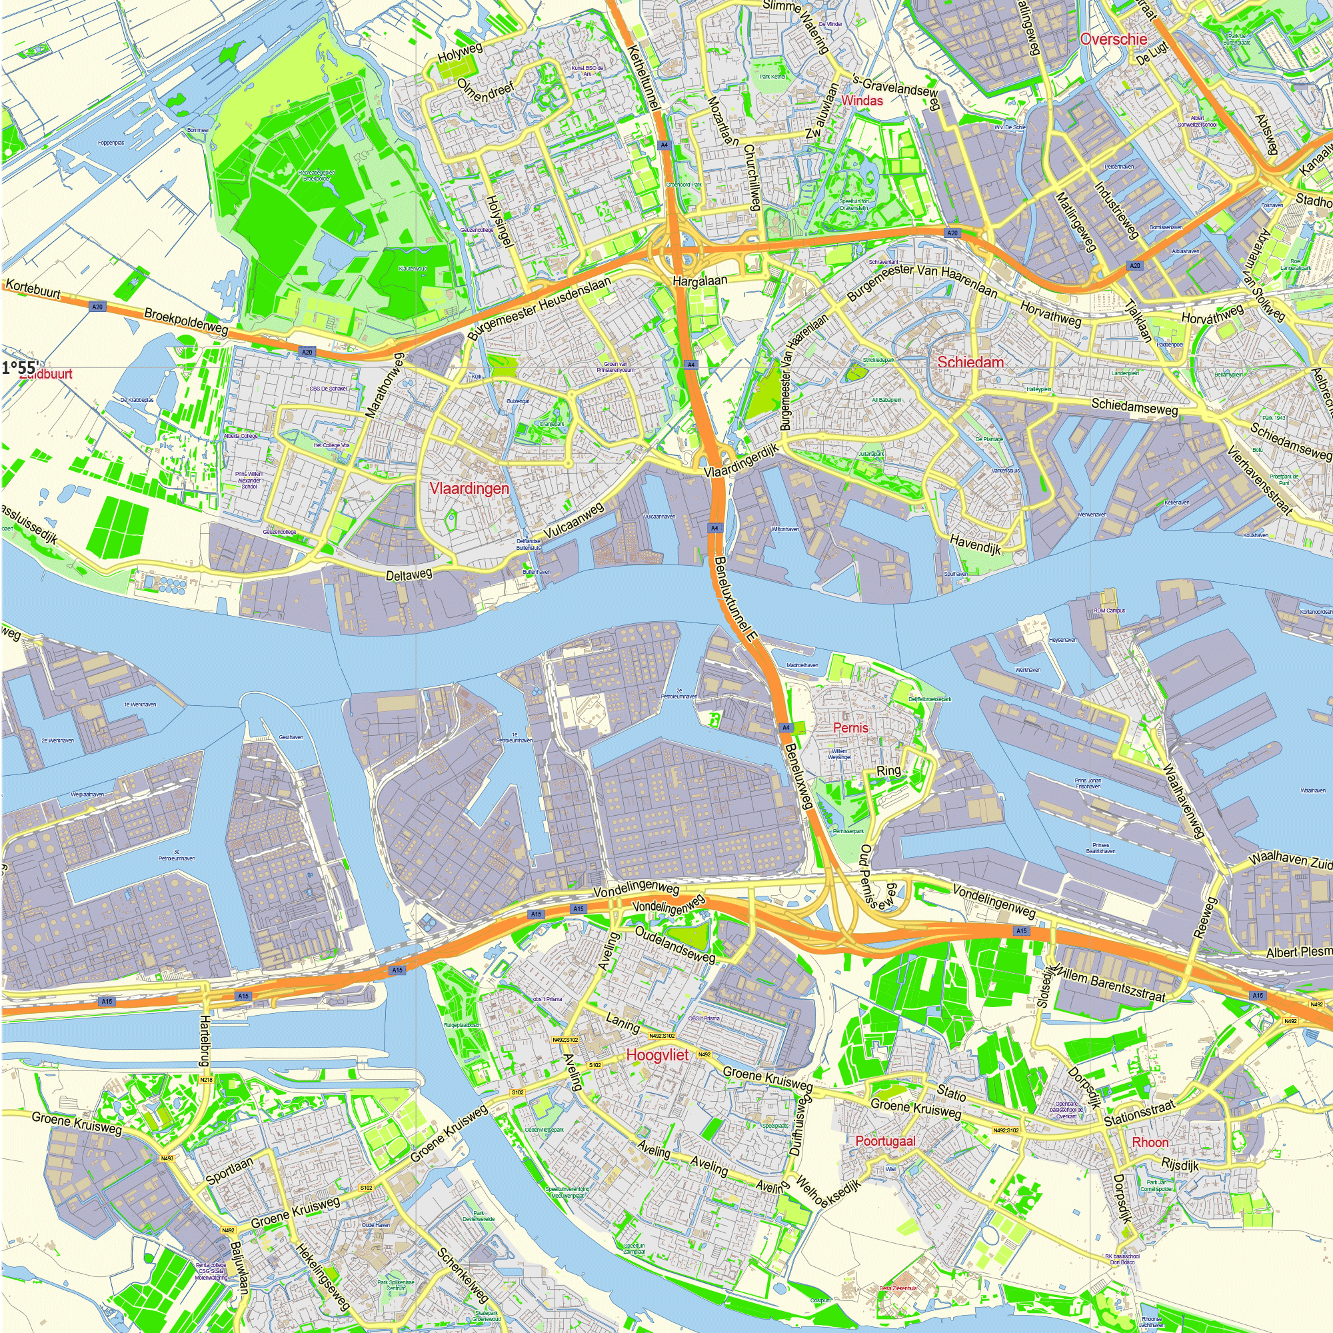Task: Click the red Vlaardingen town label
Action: click(x=469, y=489)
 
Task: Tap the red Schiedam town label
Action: click(x=970, y=362)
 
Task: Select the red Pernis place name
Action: click(x=850, y=728)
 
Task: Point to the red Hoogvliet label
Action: click(x=657, y=1055)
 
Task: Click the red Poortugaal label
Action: click(x=885, y=1141)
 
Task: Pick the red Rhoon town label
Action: click(x=1150, y=1142)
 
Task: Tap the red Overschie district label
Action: click(x=1114, y=39)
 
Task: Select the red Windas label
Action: click(x=862, y=101)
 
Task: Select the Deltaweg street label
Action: click(x=409, y=575)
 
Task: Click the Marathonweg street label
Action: click(x=384, y=385)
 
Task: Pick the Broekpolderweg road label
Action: click(x=187, y=322)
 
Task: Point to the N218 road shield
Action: click(x=205, y=1080)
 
